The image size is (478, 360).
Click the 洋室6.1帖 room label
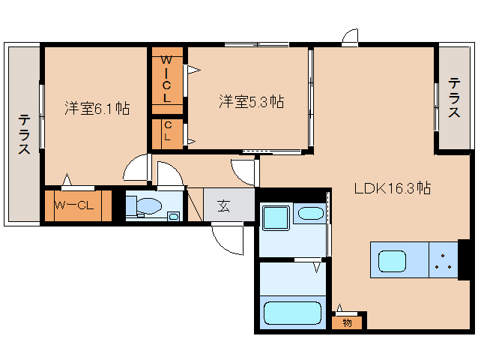(97, 108)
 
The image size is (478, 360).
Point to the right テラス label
(454, 97)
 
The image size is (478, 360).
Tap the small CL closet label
(167, 132)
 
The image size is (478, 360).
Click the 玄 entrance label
(223, 205)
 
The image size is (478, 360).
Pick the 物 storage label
(348, 323)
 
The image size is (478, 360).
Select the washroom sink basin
(309, 213)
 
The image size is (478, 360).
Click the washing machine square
(273, 218)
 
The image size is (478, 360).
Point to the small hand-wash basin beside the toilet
(174, 217)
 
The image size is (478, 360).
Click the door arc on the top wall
(351, 37)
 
